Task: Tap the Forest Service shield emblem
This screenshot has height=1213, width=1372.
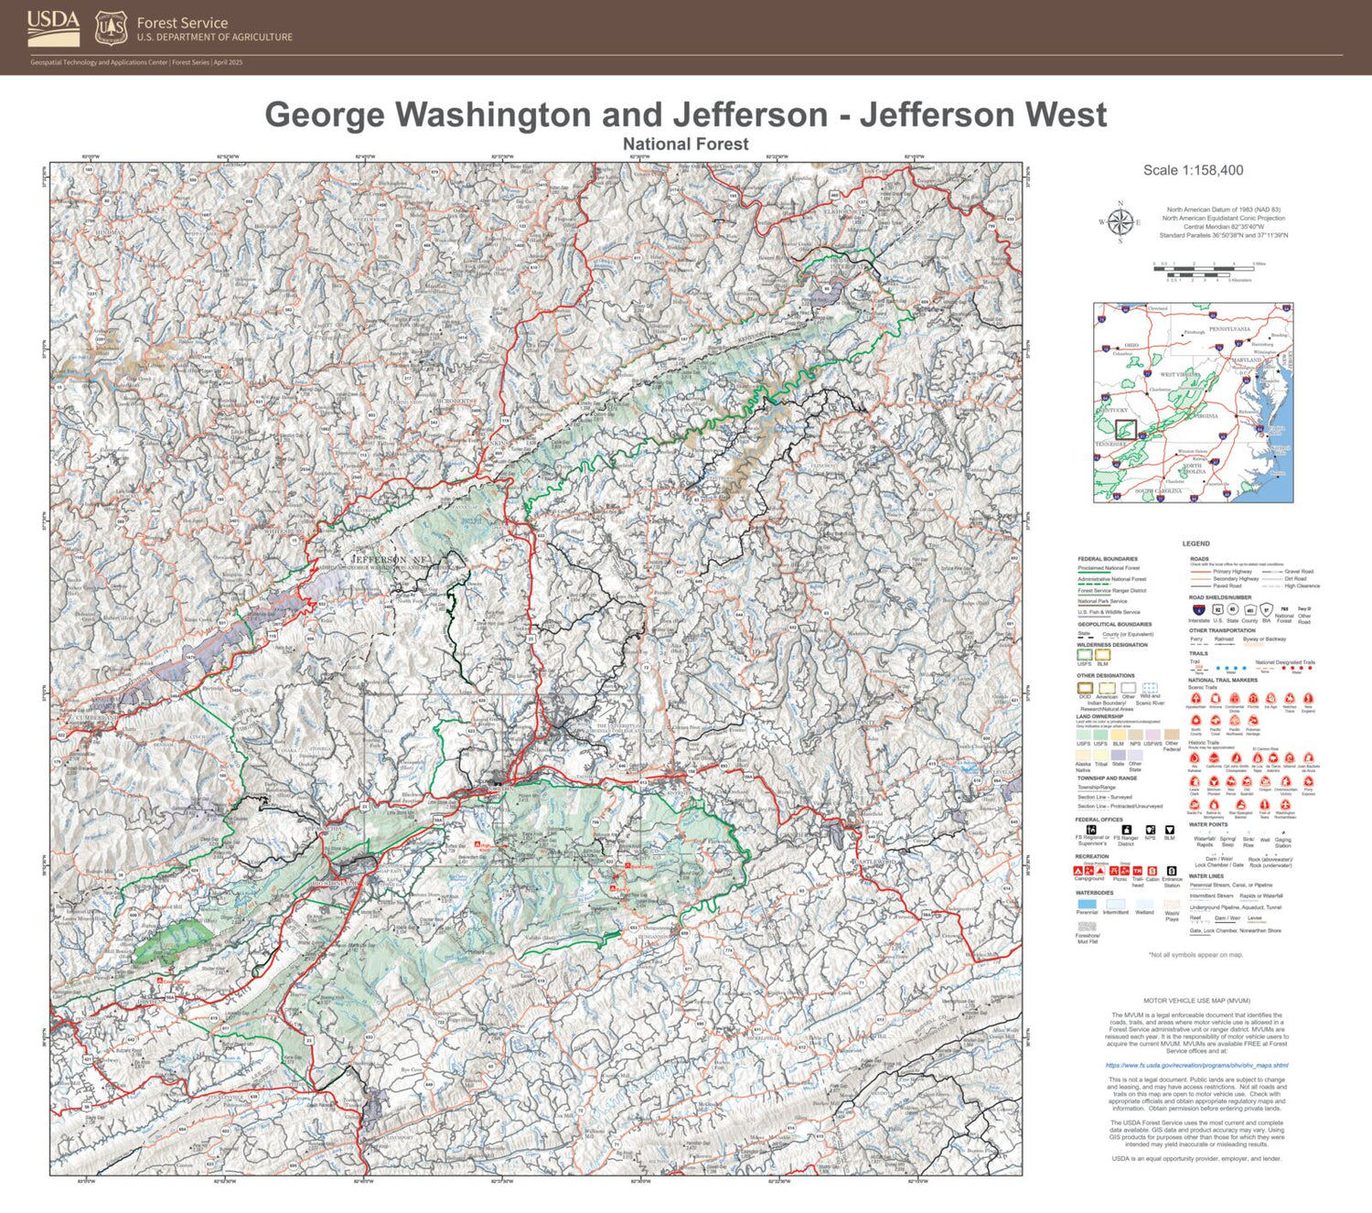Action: click(111, 28)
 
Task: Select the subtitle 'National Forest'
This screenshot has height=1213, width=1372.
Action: click(685, 145)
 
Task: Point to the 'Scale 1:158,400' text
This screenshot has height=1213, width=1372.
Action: click(1193, 170)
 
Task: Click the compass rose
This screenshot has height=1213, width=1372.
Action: click(1120, 222)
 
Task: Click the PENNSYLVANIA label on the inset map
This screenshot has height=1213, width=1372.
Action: click(1229, 329)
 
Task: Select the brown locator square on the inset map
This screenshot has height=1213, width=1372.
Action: click(1126, 429)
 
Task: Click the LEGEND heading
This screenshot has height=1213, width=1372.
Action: click(1195, 543)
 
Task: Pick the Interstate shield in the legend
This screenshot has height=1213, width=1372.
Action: click(1198, 609)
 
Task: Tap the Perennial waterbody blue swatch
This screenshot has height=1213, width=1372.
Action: click(1087, 904)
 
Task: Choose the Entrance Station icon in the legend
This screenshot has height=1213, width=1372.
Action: click(1172, 871)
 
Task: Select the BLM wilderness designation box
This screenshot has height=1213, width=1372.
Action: click(1102, 655)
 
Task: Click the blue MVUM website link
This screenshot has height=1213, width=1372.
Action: click(1196, 1065)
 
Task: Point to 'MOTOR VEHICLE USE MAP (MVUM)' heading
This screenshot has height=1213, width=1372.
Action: click(1196, 1001)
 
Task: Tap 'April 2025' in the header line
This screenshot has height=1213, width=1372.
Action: click(229, 62)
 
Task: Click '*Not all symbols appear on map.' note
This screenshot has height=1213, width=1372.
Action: click(1195, 955)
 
